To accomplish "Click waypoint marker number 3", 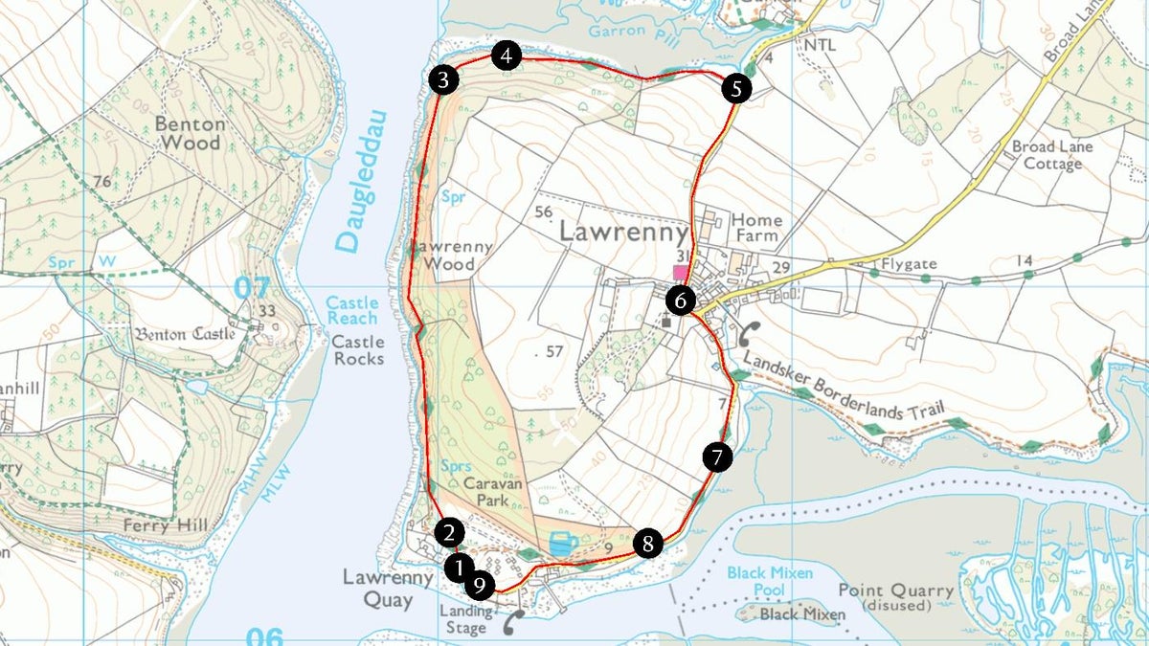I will point(441,79).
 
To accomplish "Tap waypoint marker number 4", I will point(507,56).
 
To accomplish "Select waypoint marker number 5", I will point(735,90).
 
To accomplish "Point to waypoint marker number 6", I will point(680,301).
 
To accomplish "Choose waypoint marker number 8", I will point(648,545).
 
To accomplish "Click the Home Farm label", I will point(756,228).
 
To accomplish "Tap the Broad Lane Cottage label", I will point(1051,155).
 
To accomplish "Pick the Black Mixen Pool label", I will point(770,581).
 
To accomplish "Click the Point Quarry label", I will point(895,598).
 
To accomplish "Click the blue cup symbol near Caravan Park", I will point(563,544).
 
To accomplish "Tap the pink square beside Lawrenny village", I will point(680,273).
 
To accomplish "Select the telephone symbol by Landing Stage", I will point(514,622).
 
